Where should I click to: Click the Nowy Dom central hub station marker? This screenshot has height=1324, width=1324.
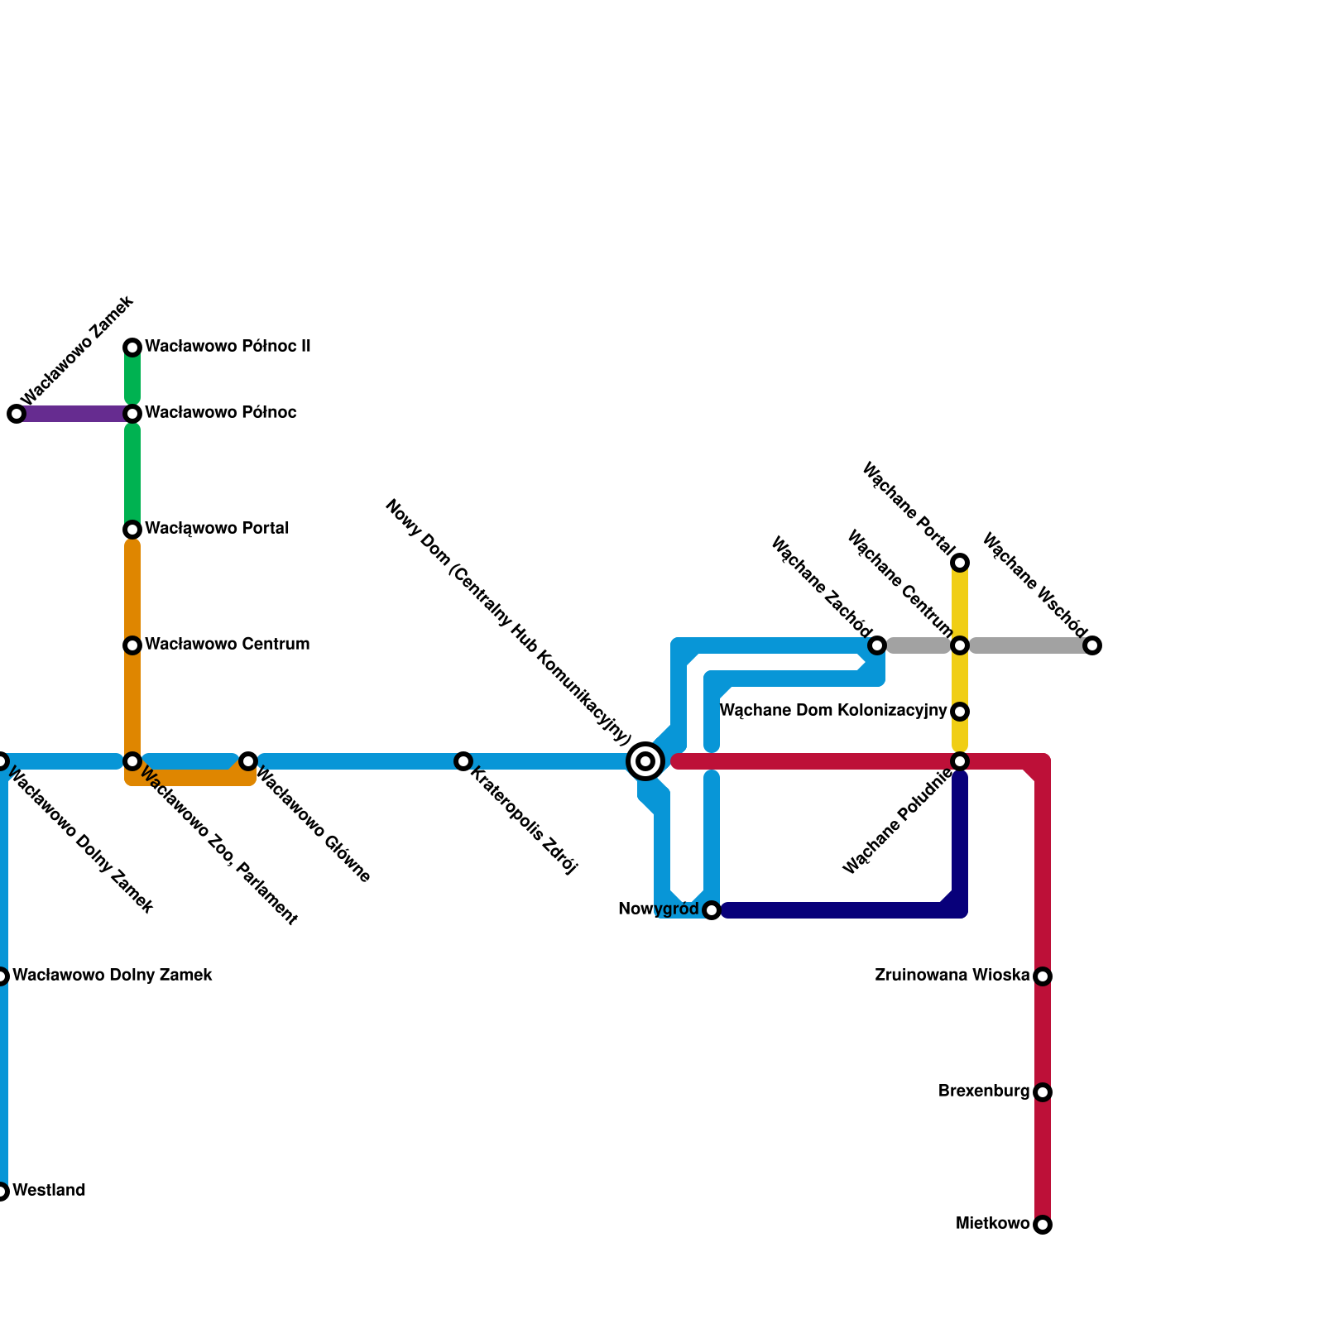click(x=645, y=760)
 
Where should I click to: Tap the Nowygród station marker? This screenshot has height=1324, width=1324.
click(x=712, y=910)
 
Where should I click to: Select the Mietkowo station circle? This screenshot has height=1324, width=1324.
click(x=1043, y=1225)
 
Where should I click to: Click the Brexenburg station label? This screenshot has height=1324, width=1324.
click(x=983, y=1091)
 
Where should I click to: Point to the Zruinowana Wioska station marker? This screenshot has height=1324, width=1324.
click(x=1043, y=976)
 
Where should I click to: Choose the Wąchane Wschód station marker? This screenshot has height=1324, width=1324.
click(x=1092, y=645)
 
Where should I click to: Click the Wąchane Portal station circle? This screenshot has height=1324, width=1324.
click(x=960, y=563)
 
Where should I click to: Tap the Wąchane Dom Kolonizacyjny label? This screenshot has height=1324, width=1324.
click(x=832, y=711)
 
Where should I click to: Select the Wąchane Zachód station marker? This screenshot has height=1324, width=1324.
click(x=877, y=645)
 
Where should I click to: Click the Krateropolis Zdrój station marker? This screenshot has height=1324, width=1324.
click(x=463, y=760)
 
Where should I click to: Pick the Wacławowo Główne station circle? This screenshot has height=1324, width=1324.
click(x=248, y=760)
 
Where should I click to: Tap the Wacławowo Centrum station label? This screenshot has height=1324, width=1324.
click(x=227, y=645)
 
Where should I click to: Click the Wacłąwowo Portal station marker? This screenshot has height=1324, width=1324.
click(x=132, y=530)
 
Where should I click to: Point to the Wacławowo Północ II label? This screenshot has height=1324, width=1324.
click(x=228, y=347)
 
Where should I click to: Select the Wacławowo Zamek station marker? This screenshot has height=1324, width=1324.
click(x=17, y=414)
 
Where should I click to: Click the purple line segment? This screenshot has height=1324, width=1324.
click(x=74, y=414)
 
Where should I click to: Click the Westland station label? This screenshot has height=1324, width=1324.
click(x=49, y=1191)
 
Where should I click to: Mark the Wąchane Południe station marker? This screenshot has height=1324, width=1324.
click(x=960, y=760)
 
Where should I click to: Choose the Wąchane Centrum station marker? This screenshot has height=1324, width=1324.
click(x=960, y=645)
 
